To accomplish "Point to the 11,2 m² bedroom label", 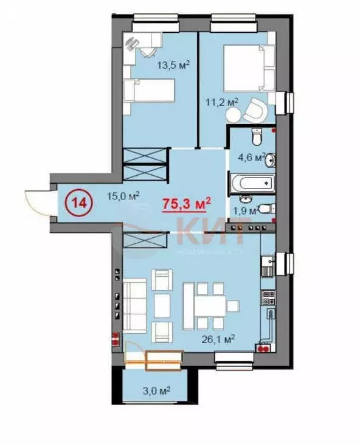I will pos(223,103).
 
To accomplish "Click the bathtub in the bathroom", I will pos(252,182).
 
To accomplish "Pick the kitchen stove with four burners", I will pos(268,298).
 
